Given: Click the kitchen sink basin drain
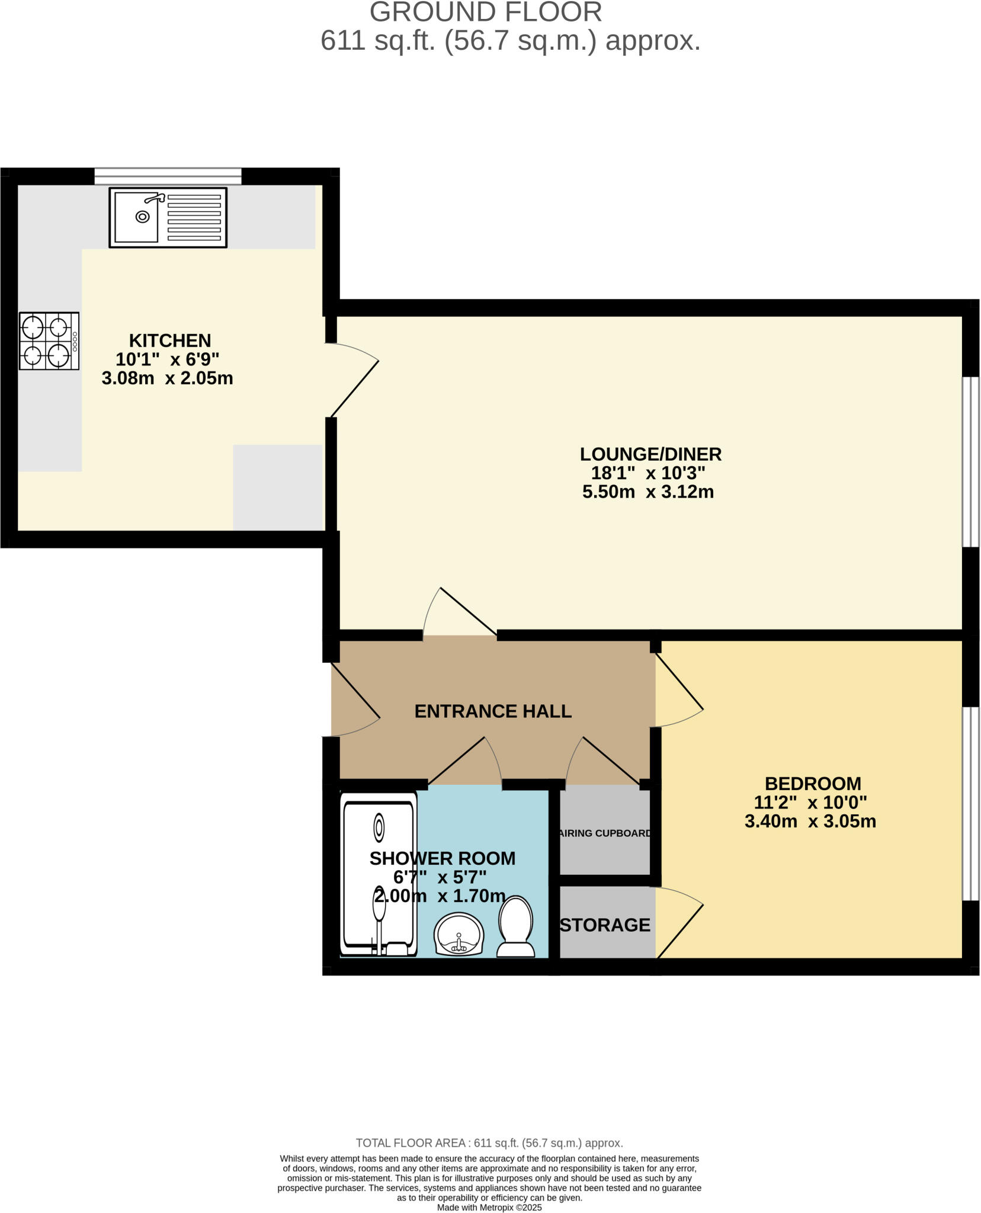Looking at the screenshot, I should [x=142, y=217].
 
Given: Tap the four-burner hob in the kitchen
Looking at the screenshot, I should [x=49, y=341].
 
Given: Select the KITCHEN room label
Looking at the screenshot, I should [x=170, y=341].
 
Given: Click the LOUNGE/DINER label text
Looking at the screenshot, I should [x=650, y=454].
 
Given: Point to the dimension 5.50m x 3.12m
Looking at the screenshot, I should [x=647, y=492].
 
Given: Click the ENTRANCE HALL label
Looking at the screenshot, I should [x=492, y=711].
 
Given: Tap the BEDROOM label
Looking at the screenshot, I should [x=812, y=784].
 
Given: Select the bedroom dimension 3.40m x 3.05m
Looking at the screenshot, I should [x=810, y=821].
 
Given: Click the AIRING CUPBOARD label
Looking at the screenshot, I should [x=605, y=833].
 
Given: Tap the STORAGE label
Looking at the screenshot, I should [x=605, y=925].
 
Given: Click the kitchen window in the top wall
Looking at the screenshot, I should [x=168, y=176].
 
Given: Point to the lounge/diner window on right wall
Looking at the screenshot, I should [x=970, y=461].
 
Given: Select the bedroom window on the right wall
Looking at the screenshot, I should [x=970, y=804].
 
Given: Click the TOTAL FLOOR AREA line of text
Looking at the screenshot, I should [x=489, y=1143].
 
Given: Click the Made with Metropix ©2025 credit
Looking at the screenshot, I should [x=489, y=1207].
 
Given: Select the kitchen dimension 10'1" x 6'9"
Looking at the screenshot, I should [x=167, y=360].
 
